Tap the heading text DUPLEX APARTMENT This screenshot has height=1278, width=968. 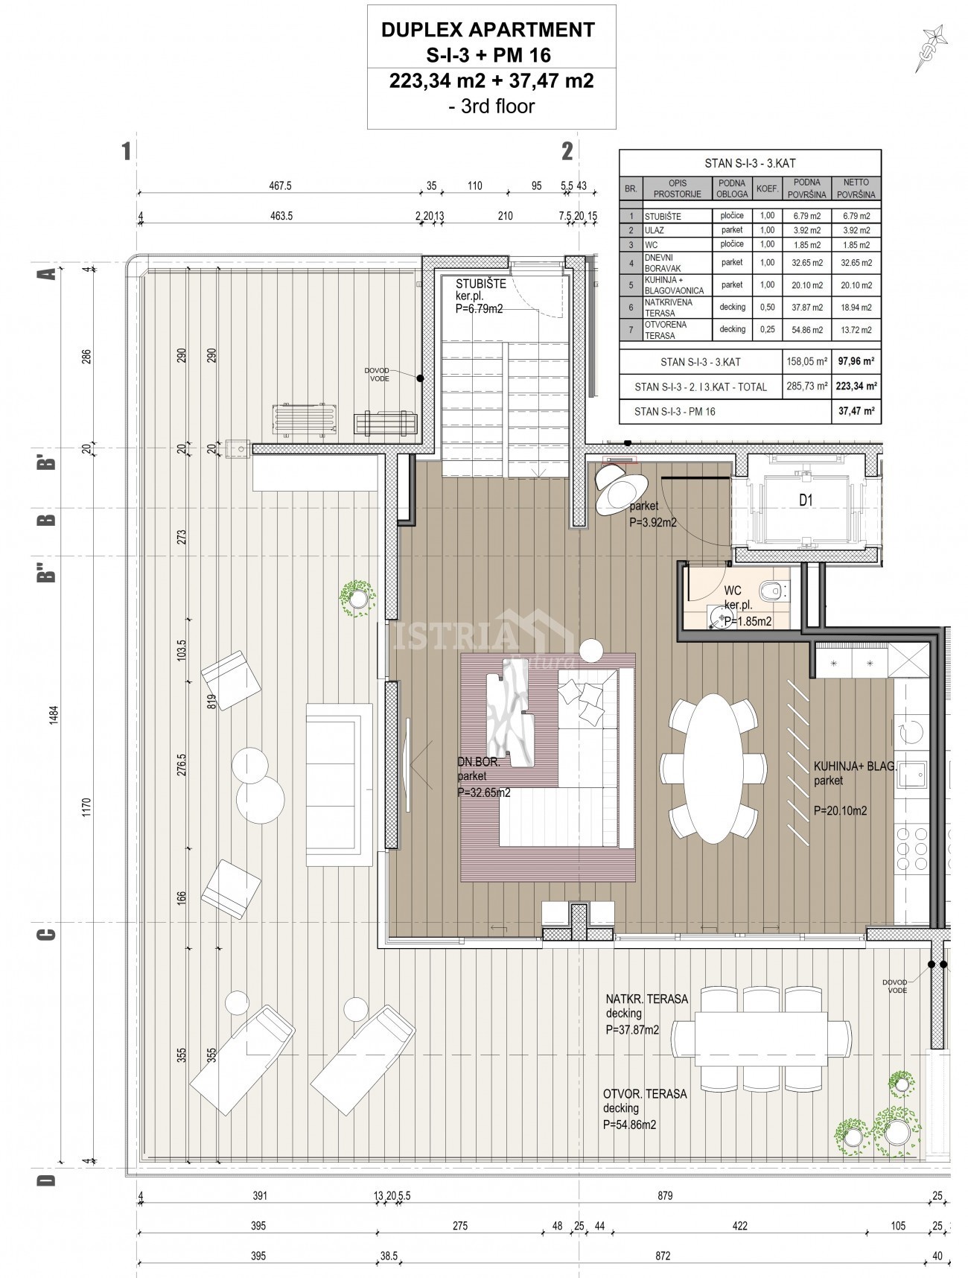pos(488,30)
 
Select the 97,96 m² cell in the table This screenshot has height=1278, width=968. pos(856,363)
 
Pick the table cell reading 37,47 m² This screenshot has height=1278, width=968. pos(856,410)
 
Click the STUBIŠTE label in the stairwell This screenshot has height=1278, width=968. pos(481,284)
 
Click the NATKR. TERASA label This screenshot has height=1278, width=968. pos(647,999)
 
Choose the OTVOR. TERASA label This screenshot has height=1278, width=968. pos(645,1094)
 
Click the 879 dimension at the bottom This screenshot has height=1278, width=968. pos(665,1196)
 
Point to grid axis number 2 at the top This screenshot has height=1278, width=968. pos(567,151)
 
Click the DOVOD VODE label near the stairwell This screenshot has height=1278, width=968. pos(376,374)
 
